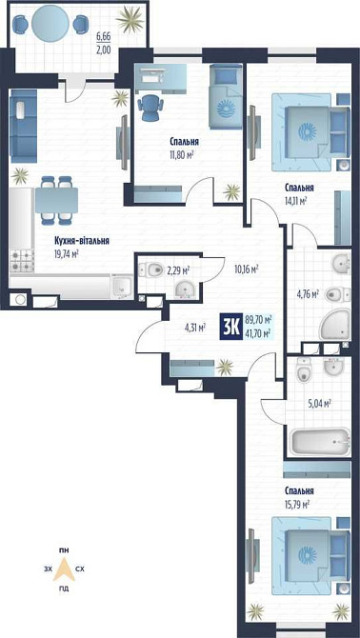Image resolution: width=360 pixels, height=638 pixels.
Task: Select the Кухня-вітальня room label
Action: [x=82, y=241]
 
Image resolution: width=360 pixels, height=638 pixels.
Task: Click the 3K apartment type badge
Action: [x=231, y=326]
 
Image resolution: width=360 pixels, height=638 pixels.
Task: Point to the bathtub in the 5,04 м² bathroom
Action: [x=319, y=442]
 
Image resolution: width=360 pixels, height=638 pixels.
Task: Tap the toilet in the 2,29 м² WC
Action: [x=150, y=269]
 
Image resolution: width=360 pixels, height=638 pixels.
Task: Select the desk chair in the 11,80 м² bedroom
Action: [x=151, y=107]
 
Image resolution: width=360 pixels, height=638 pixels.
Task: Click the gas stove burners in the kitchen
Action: [x=21, y=260]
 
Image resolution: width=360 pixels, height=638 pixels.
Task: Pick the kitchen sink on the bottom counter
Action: [x=121, y=286]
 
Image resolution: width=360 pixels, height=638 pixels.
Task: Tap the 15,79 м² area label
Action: [x=297, y=505]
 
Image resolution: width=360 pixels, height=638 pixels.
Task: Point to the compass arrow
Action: [x=64, y=568]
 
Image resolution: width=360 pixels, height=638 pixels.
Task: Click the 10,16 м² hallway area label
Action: [x=247, y=269]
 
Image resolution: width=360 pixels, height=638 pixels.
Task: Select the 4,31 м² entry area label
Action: [x=194, y=327]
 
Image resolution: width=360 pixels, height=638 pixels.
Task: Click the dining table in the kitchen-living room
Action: [x=56, y=200]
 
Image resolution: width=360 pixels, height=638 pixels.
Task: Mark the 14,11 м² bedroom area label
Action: [x=296, y=200]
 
